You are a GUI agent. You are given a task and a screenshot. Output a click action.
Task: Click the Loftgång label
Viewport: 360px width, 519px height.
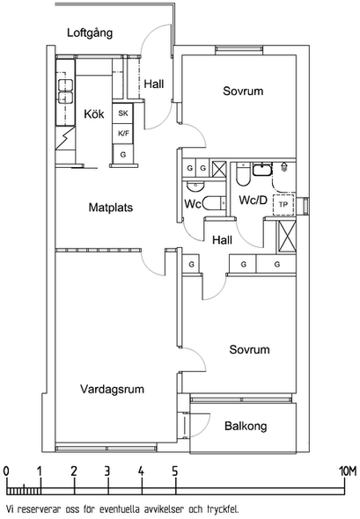pyautogui.click(x=90, y=33)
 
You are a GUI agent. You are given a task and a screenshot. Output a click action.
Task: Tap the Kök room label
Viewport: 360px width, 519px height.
pyautogui.click(x=93, y=114)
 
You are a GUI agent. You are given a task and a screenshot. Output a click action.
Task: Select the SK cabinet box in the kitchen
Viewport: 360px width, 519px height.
pyautogui.click(x=123, y=113)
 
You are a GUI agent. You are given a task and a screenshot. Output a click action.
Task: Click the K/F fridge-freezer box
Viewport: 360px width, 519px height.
pyautogui.click(x=123, y=134)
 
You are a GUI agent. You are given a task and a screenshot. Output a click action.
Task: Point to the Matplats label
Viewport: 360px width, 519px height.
pyautogui.click(x=111, y=208)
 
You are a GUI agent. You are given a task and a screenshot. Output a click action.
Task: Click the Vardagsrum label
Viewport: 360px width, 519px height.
pyautogui.click(x=112, y=389)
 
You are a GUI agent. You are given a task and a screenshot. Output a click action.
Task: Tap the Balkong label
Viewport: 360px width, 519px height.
pyautogui.click(x=246, y=426)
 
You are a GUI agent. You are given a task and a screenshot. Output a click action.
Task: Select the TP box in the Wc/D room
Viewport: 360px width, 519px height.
pyautogui.click(x=283, y=205)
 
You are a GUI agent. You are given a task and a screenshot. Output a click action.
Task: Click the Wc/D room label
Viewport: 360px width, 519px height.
pyautogui.click(x=253, y=201)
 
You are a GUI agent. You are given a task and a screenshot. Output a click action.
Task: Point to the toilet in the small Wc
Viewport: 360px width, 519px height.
pyautogui.click(x=213, y=203)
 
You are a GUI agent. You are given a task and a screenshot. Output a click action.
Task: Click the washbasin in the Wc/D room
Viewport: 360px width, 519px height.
pyautogui.click(x=262, y=169)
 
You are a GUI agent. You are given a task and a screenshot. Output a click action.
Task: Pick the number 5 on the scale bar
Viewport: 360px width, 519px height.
pyautogui.click(x=174, y=471)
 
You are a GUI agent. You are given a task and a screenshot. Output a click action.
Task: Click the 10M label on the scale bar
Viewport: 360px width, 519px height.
pyautogui.click(x=348, y=471)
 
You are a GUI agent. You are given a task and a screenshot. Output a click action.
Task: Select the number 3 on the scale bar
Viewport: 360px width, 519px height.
pyautogui.click(x=107, y=471)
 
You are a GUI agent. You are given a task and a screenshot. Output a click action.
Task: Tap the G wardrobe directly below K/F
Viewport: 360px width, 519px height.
pyautogui.click(x=123, y=154)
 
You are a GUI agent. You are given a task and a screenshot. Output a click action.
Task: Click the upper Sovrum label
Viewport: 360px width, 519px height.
pyautogui.click(x=243, y=91)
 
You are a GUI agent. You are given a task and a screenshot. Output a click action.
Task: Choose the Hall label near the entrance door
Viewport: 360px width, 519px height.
pyautogui.click(x=154, y=84)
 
